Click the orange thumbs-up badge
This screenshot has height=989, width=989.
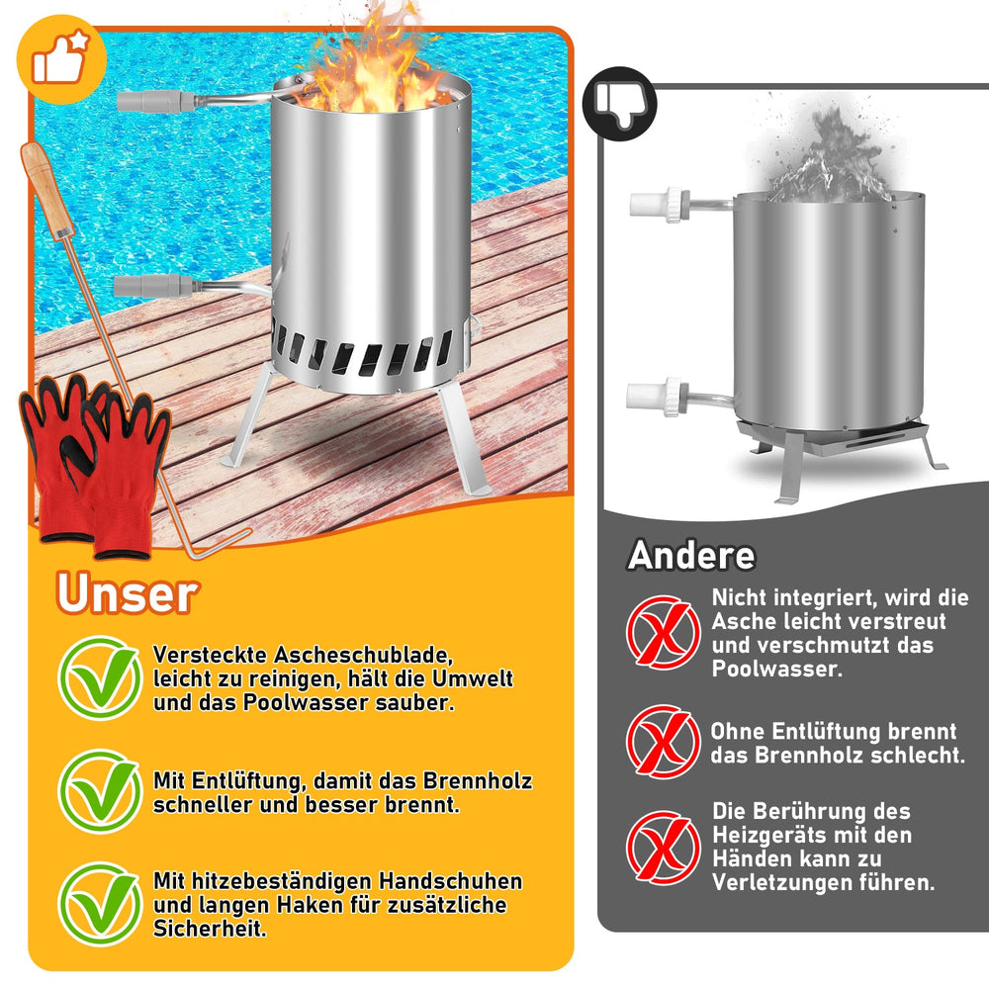[61, 59]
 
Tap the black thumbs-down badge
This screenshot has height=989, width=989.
[619, 104]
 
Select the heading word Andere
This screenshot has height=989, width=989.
[691, 556]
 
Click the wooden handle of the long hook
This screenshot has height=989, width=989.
[46, 189]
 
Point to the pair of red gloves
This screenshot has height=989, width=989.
[95, 467]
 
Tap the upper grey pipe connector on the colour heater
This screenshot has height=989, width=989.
[157, 102]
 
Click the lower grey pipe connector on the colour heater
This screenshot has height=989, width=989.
[154, 286]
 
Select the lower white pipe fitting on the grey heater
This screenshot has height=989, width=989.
[657, 398]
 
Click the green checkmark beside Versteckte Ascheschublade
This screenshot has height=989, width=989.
[100, 678]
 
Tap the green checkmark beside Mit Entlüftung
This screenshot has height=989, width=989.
[100, 791]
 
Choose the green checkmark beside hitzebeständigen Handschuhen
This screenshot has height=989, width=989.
[100, 904]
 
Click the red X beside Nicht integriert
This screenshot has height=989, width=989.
[664, 632]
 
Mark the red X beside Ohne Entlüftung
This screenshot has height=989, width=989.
[664, 741]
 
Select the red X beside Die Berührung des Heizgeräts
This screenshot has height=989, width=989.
[664, 848]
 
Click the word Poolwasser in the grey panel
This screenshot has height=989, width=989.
[776, 669]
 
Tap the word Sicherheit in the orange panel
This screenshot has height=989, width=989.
[210, 929]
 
